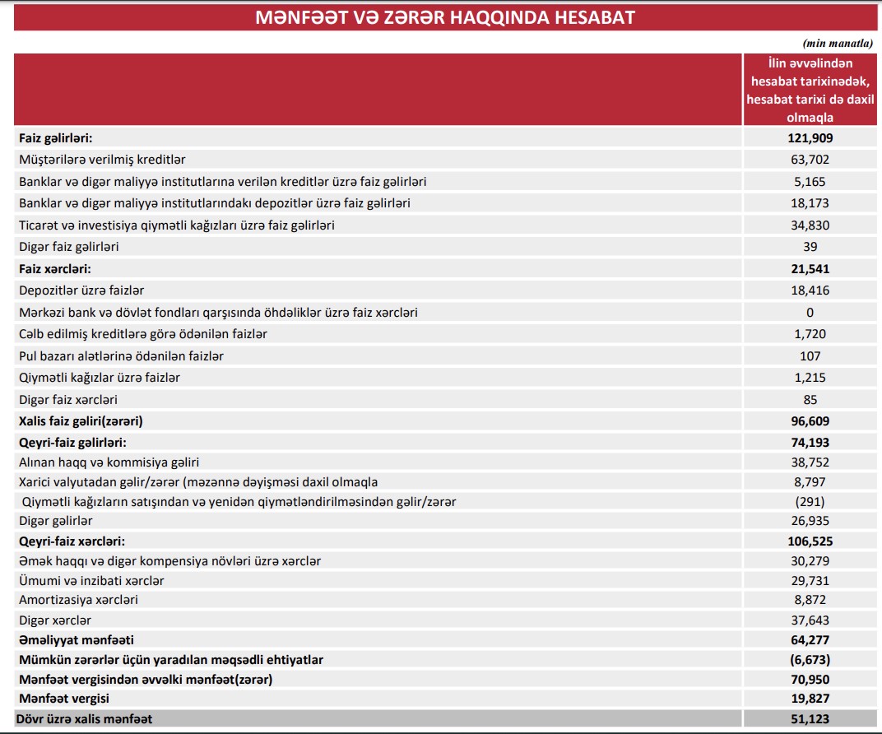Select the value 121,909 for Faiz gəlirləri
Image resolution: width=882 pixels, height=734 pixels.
pos(810,138)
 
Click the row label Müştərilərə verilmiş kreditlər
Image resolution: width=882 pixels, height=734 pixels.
pos(108,159)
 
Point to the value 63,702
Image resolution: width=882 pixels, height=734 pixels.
pos(810,160)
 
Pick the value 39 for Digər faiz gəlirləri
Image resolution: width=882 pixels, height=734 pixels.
pos(810,246)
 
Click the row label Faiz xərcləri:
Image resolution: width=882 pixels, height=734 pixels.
pos(54,268)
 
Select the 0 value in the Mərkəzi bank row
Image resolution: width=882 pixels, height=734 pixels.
pos(810,312)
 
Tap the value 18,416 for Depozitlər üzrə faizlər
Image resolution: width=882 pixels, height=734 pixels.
pos(810,290)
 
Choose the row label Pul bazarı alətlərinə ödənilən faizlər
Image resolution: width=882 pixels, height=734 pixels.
pos(121,355)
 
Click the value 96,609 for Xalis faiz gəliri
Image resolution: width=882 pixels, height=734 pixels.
pos(810,420)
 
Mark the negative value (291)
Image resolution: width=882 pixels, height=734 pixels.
pos(810,501)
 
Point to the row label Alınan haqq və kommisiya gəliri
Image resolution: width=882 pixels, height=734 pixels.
pos(109,462)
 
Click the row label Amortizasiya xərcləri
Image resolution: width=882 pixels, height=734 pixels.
pos(78,599)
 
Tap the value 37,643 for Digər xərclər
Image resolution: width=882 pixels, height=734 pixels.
pos(810,620)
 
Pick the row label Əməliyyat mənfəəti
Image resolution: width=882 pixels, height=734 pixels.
pos(77,639)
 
